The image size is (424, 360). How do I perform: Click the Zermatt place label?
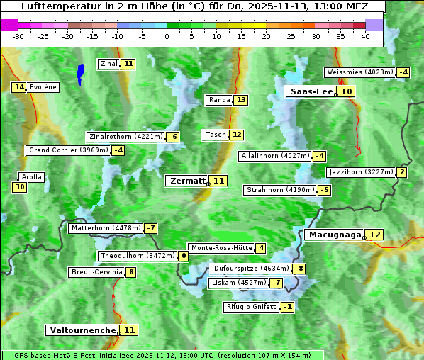tap(187, 181)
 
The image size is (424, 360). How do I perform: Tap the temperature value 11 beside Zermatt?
tap(219, 181)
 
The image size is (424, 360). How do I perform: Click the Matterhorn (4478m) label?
tap(106, 228)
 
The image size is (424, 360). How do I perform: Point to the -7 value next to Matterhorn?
tap(150, 228)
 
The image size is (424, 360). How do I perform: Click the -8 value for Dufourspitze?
tap(299, 269)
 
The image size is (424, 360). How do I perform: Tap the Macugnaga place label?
tap(334, 235)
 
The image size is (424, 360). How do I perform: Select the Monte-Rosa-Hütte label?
tap(221, 248)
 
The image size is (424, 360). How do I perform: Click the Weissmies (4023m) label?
tap(359, 72)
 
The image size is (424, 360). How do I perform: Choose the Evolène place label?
tap(43, 87)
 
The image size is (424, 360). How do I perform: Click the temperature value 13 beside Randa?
tap(241, 100)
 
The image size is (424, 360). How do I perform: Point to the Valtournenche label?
tap(82, 330)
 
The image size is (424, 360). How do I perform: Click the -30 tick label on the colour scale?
tap(18, 37)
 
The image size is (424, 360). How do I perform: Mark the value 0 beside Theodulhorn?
tap(184, 256)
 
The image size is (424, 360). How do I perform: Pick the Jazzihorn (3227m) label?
tap(361, 172)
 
